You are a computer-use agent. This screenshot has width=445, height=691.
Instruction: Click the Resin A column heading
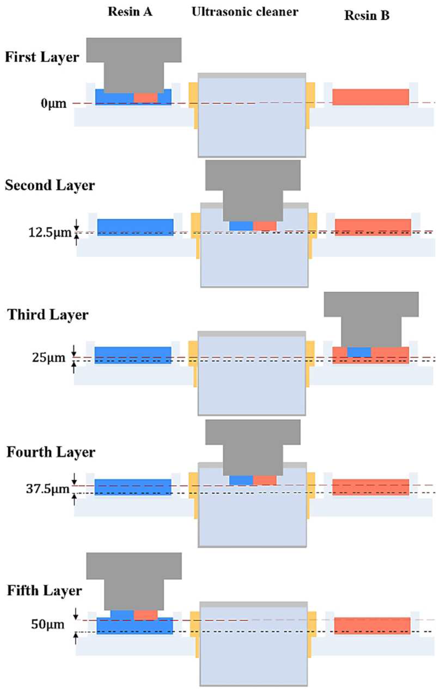coord(130,12)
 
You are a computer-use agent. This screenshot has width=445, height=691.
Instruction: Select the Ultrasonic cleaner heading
coord(245,12)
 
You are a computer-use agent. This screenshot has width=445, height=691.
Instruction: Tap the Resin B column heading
coord(367,15)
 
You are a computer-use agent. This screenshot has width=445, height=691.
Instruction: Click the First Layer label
coord(42,57)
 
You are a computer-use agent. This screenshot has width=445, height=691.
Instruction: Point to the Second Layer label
coord(50,185)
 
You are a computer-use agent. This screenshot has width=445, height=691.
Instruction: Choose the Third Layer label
coord(48,315)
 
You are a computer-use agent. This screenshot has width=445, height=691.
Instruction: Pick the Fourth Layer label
coord(51,452)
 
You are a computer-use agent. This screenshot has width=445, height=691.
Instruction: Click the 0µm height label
coord(53,104)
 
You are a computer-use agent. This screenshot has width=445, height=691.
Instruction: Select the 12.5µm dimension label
coord(50,232)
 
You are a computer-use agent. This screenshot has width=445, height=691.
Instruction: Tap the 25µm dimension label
coord(49,358)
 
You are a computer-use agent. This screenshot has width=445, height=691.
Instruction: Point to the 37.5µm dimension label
coord(48,489)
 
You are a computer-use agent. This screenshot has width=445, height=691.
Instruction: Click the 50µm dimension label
coord(48,624)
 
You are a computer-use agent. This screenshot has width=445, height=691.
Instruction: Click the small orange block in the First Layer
coord(146,97)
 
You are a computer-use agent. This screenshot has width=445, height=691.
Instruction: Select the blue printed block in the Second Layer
coord(241,226)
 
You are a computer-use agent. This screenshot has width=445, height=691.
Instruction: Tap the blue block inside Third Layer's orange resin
coord(359,352)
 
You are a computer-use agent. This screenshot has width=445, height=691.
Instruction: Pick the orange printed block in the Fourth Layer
coord(265,480)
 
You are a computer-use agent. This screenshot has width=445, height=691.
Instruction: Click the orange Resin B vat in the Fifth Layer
coord(372,626)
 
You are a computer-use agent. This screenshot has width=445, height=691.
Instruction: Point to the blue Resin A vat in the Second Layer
coord(135,227)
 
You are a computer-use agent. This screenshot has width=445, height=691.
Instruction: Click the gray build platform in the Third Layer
coord(371,318)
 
